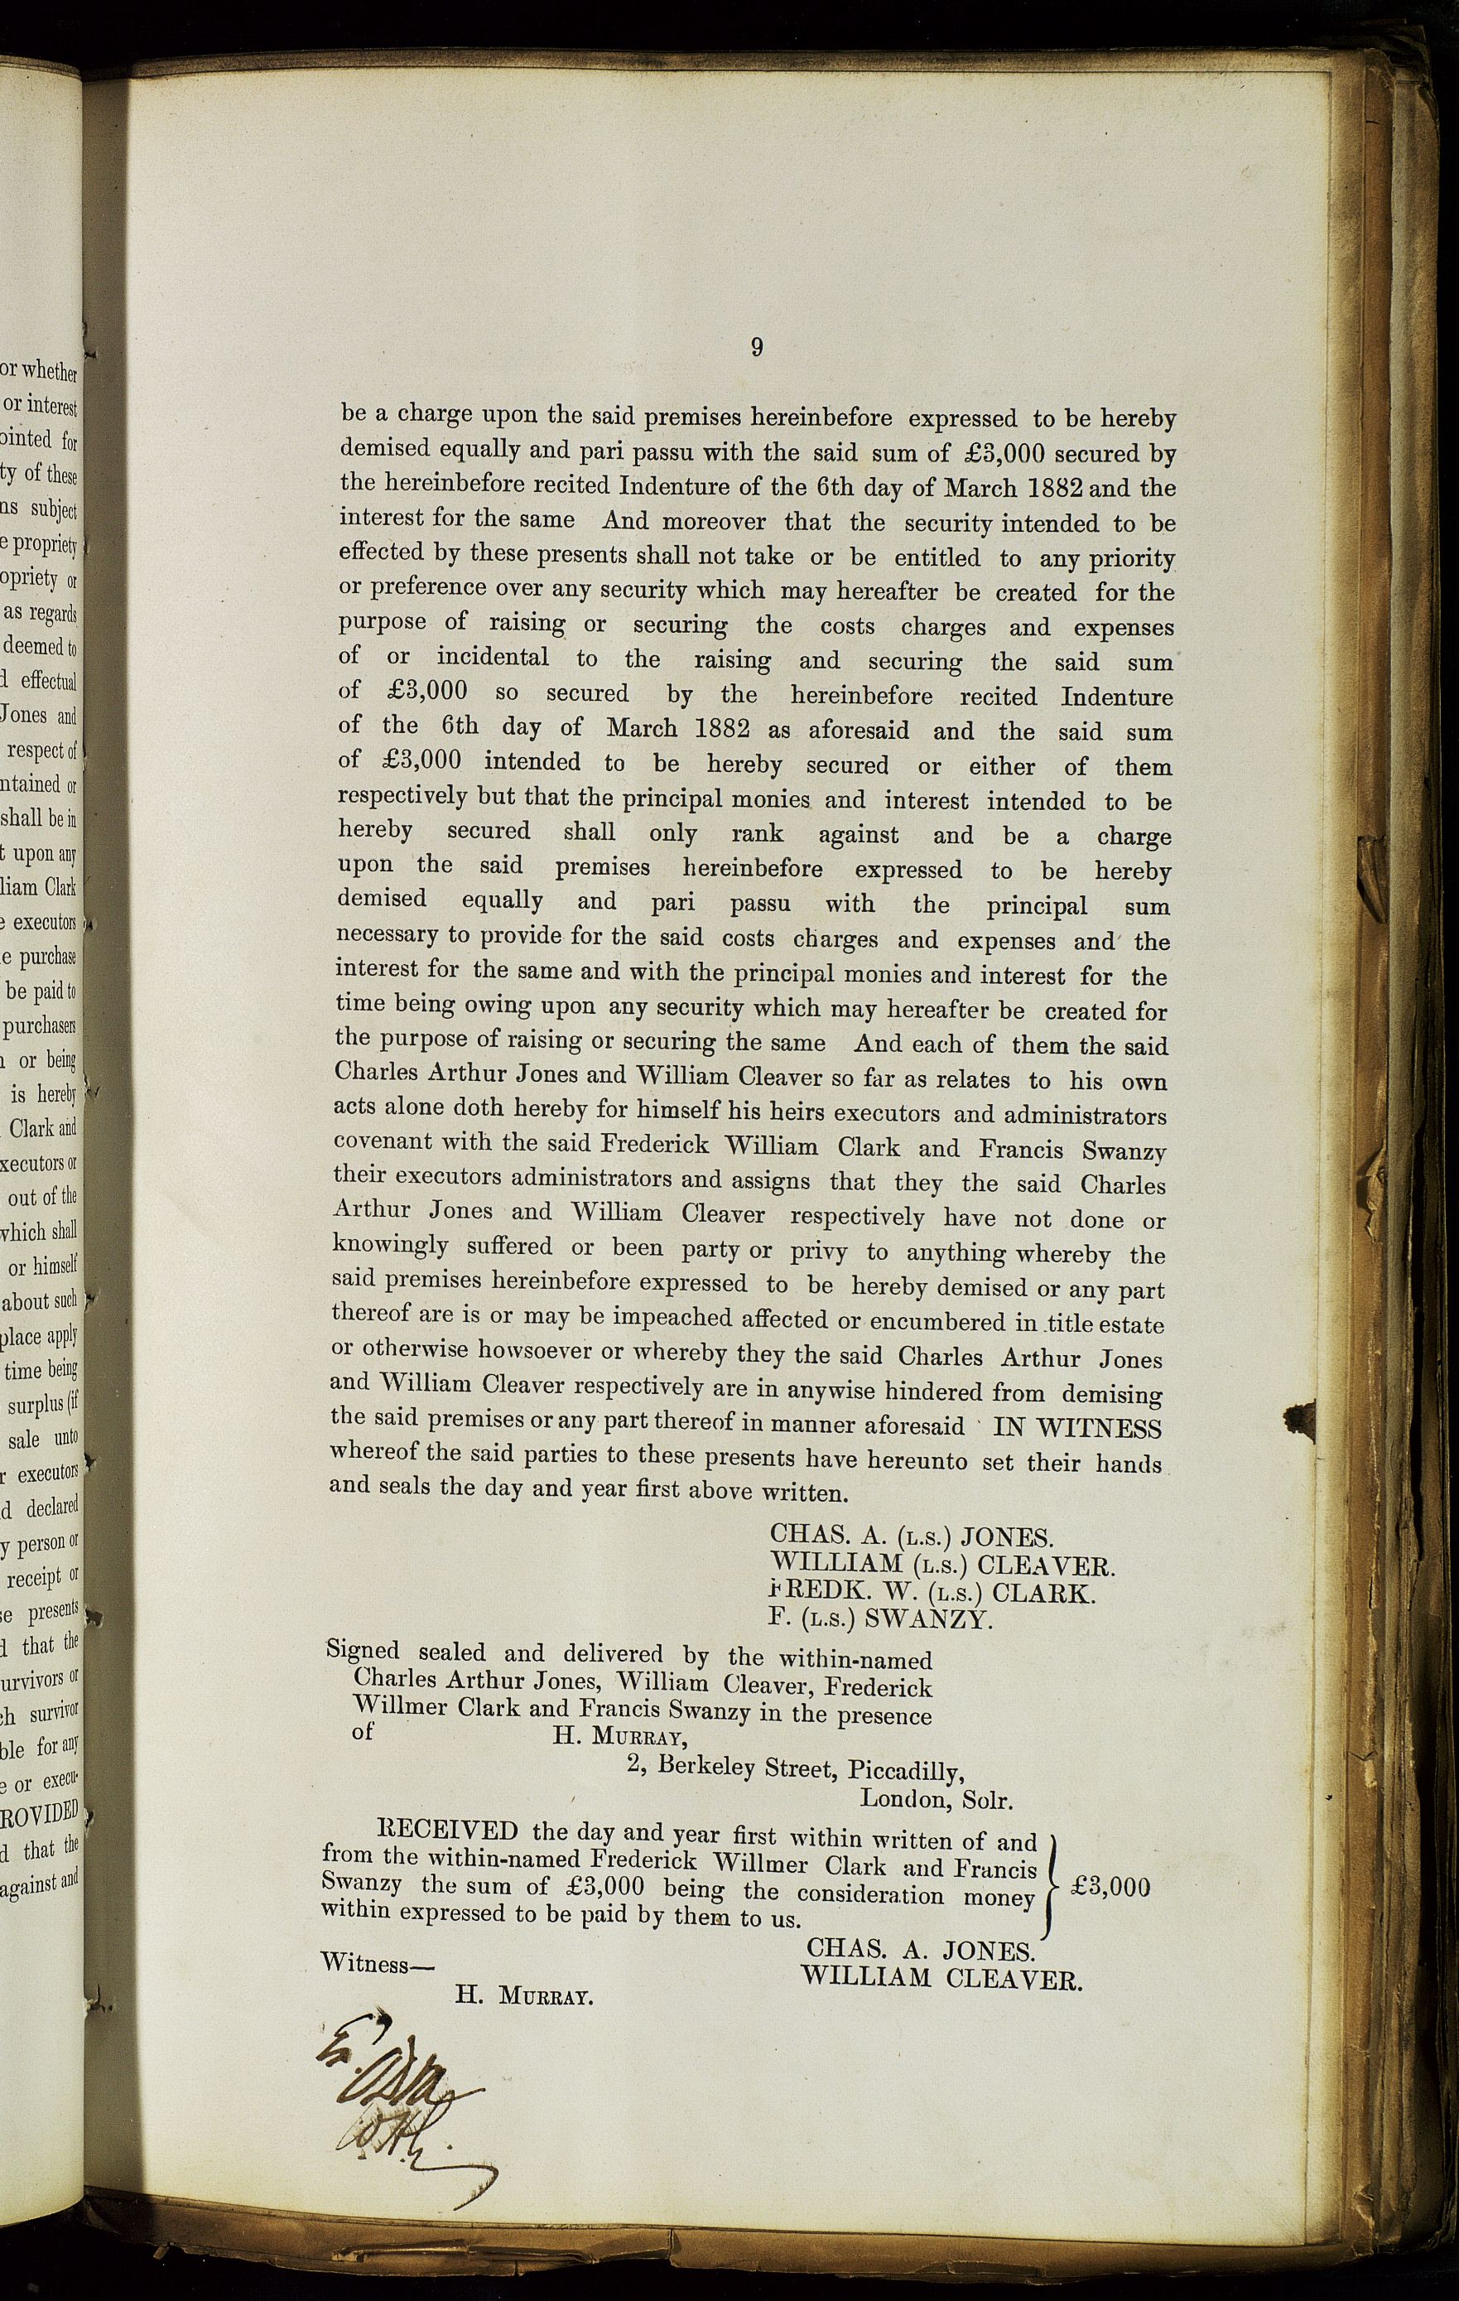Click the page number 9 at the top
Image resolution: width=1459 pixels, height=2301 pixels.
pos(756,348)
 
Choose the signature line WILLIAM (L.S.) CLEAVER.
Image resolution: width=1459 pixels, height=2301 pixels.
pos(941,1565)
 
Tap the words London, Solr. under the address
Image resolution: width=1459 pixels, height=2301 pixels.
pos(936,1799)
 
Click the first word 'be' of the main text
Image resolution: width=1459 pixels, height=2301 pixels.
pos(353,417)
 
